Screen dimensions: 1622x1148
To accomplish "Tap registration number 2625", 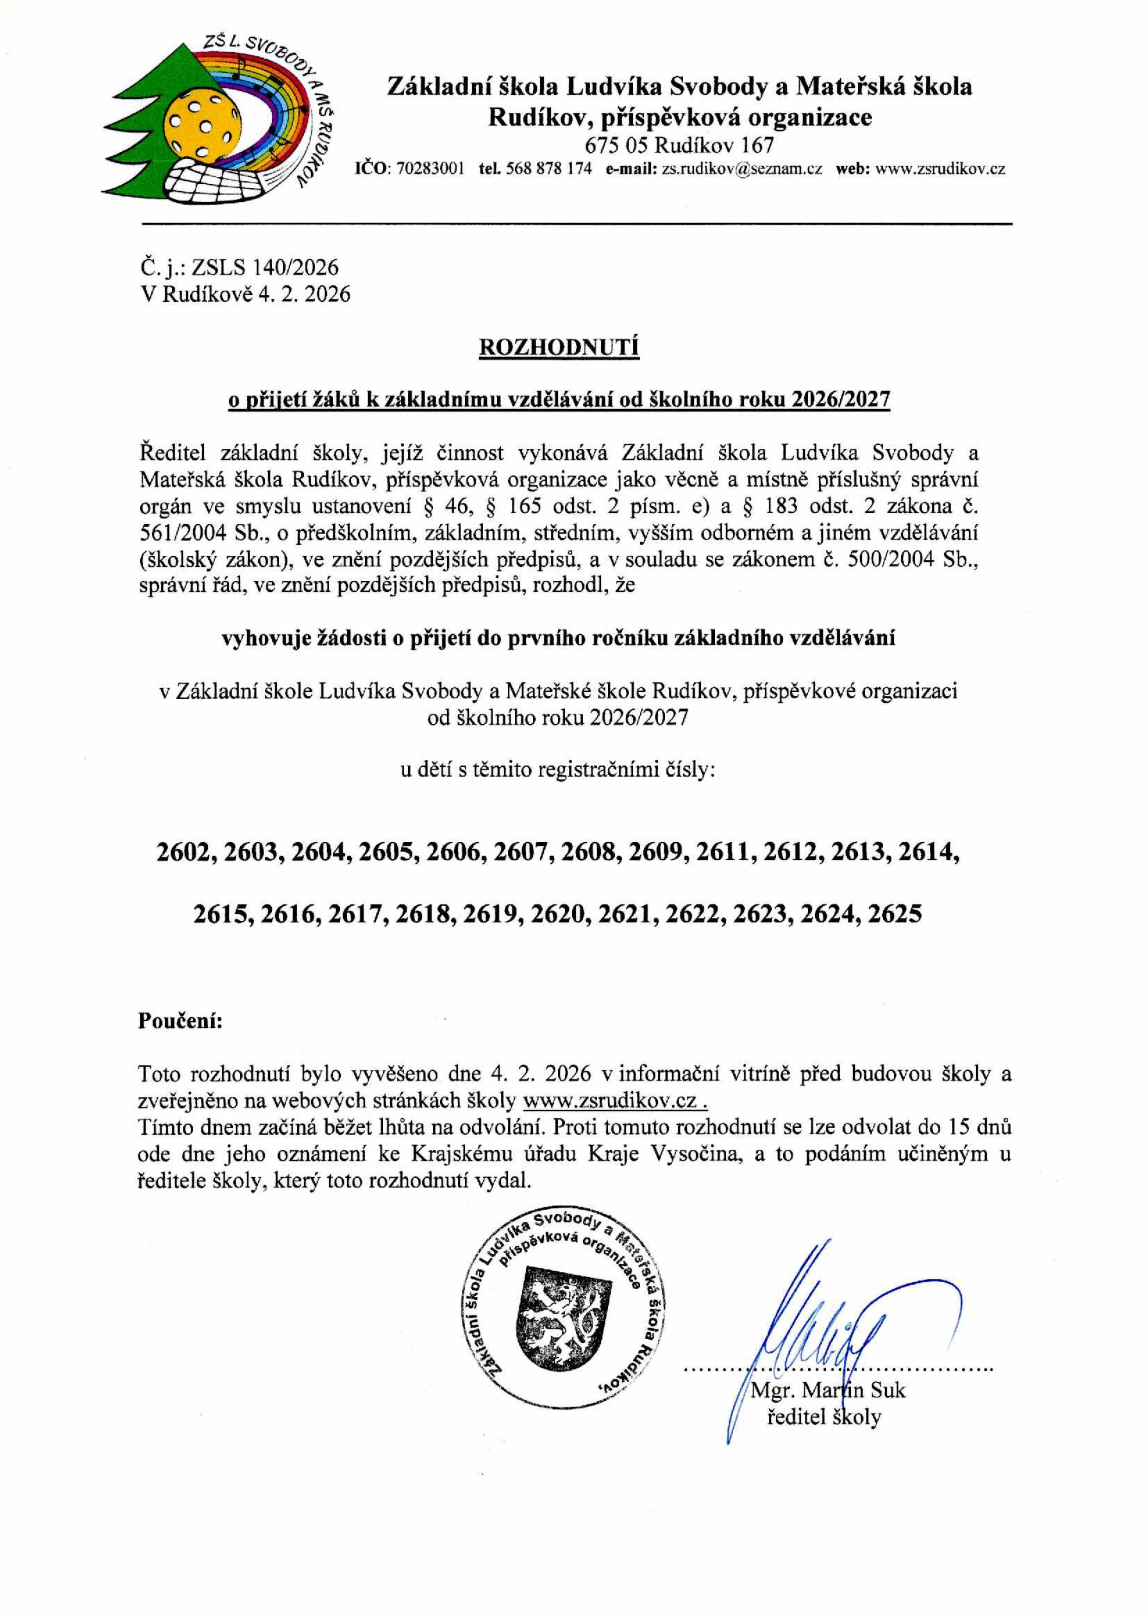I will point(894,914).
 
